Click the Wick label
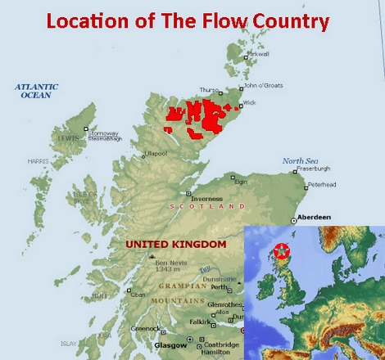click(x=250, y=102)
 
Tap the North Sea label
click(x=299, y=161)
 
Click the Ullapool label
click(x=156, y=153)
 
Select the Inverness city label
click(x=207, y=198)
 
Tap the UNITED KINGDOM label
click(x=175, y=244)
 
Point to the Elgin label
click(x=241, y=181)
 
